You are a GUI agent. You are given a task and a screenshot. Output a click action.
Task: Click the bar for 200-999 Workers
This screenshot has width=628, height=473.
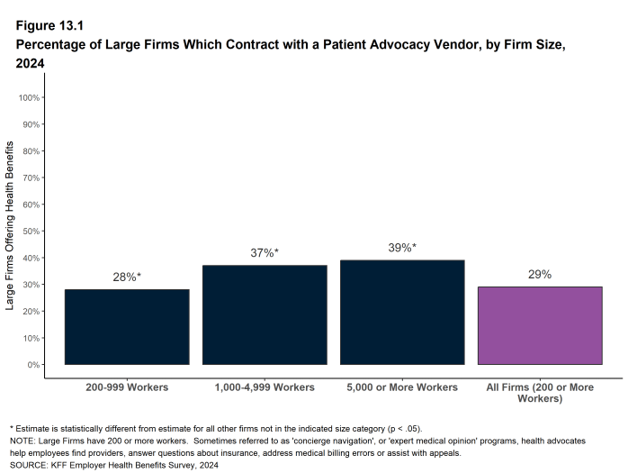127,327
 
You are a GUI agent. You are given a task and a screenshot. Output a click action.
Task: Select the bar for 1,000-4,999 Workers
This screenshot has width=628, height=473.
265,314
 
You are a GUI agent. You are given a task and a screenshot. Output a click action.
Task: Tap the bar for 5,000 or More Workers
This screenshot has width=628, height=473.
402,312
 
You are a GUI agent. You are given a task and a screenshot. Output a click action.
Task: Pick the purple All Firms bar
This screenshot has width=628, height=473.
540,325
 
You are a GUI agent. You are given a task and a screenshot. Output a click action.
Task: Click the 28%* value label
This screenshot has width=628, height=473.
127,277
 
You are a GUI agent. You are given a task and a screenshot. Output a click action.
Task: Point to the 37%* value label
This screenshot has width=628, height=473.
265,253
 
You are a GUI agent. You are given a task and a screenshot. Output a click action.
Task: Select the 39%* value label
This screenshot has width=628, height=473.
402,248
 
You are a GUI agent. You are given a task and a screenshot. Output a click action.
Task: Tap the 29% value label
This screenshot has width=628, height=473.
540,275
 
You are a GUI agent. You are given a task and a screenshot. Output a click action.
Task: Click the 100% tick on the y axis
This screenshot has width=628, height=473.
30,97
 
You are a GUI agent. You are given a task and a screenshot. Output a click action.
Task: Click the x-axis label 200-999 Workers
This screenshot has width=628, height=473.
127,387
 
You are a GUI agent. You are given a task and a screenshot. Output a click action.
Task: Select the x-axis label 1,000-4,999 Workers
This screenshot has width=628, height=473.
265,387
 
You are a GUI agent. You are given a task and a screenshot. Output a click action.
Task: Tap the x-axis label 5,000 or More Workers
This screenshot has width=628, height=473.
402,387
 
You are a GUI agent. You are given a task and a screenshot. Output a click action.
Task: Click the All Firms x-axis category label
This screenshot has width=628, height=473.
540,392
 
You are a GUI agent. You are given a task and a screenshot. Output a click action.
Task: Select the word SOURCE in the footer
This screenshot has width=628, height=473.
31,466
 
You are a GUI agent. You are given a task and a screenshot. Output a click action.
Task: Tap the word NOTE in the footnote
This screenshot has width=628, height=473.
23,441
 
